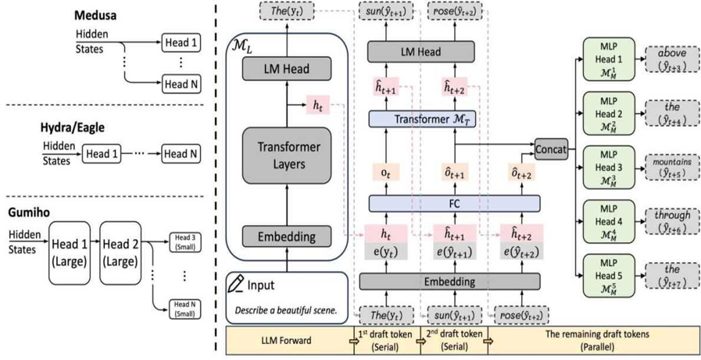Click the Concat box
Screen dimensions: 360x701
[550, 150]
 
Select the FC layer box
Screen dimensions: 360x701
[454, 203]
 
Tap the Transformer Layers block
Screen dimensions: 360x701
[286, 155]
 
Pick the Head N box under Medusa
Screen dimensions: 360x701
[180, 85]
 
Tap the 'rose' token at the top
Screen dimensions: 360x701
[453, 11]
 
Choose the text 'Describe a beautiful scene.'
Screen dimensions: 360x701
[285, 310]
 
